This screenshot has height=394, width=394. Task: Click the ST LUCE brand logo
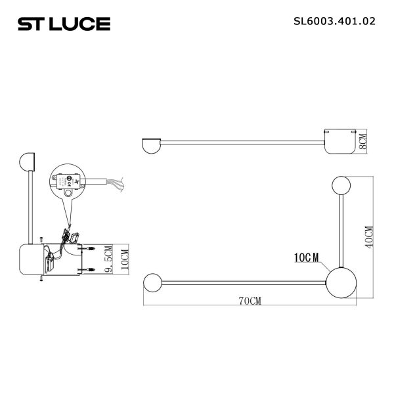(x=64, y=24)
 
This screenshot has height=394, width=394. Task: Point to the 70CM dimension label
(x=249, y=301)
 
